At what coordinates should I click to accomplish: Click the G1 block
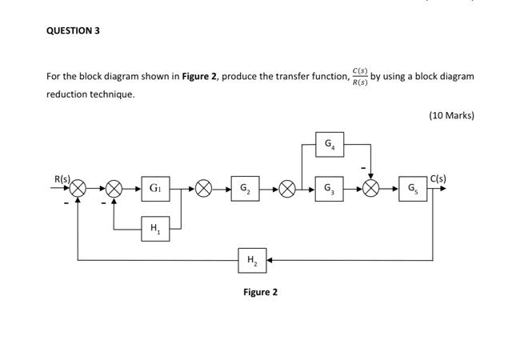click(x=154, y=189)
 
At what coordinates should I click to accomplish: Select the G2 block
click(x=245, y=189)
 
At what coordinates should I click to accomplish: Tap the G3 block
click(x=329, y=189)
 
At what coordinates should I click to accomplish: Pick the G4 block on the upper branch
click(x=329, y=145)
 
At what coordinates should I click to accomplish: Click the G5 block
click(x=412, y=189)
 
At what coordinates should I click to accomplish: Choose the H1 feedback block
click(x=154, y=229)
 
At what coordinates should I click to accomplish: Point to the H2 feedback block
click(x=252, y=260)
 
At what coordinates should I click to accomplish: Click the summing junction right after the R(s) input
click(x=78, y=189)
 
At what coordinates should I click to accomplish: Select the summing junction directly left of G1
click(x=114, y=189)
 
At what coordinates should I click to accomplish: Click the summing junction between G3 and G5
click(x=370, y=189)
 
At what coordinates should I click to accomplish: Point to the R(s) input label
click(x=62, y=178)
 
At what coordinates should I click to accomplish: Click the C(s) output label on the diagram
click(x=438, y=178)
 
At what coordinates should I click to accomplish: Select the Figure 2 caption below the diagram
click(x=260, y=292)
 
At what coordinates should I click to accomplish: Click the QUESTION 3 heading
click(x=73, y=30)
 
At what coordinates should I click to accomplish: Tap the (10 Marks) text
click(x=451, y=115)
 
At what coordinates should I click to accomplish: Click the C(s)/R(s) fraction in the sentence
click(x=359, y=77)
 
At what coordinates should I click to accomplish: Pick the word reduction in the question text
click(x=66, y=94)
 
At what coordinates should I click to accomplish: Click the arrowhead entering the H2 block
click(x=270, y=260)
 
